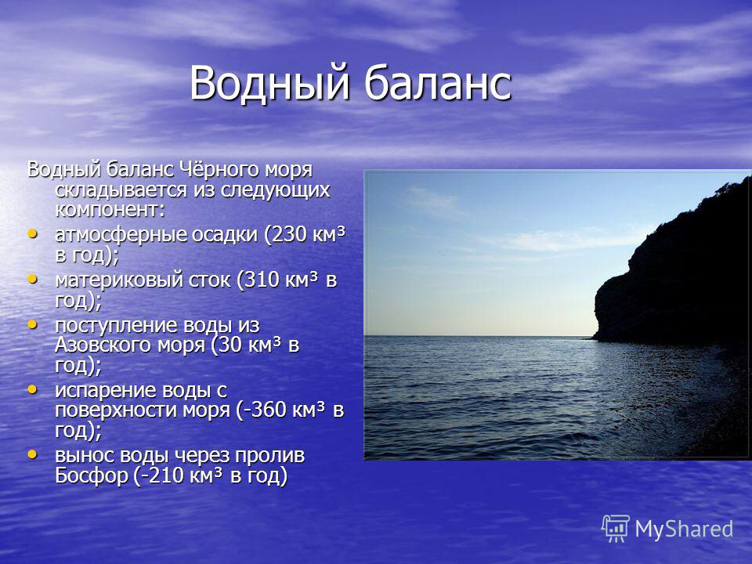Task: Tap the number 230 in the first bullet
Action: pos(289,234)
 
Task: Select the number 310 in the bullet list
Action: pos(262,280)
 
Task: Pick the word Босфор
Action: pos(92,475)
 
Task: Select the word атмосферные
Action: pos(121,234)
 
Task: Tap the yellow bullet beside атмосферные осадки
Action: pos(32,234)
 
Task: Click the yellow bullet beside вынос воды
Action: pos(32,454)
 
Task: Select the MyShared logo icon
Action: pos(616,529)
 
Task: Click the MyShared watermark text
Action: pos(684,529)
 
